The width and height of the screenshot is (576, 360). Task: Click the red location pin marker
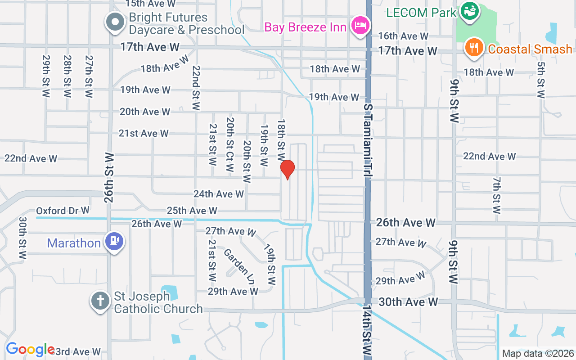(287, 169)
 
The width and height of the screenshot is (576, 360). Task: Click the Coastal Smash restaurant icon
(474, 47)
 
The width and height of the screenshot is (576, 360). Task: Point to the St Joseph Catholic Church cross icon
(100, 300)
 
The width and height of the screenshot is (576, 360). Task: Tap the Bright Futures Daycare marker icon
(115, 22)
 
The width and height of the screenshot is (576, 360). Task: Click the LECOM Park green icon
(470, 11)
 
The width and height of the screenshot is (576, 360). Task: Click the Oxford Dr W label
(63, 211)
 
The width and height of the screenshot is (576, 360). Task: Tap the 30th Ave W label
(408, 302)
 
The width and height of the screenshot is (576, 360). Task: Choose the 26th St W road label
(109, 177)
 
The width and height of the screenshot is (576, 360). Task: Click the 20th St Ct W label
(230, 144)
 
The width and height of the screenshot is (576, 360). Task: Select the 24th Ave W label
(219, 194)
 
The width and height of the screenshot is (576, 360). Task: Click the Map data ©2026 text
(538, 354)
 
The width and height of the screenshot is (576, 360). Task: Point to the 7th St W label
(496, 195)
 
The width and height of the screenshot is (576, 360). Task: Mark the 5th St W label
(541, 80)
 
